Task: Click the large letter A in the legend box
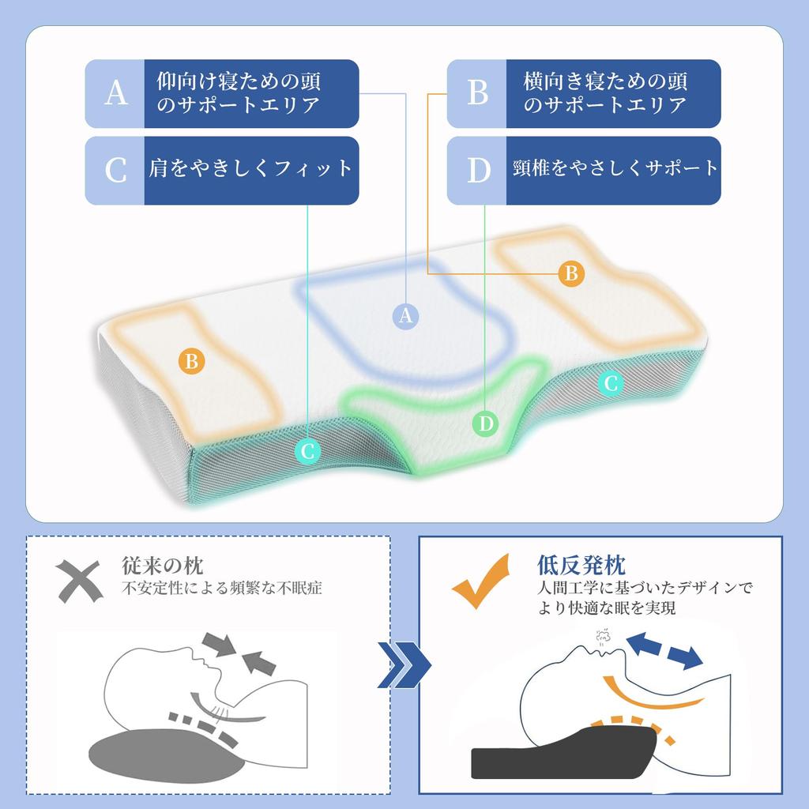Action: (115, 93)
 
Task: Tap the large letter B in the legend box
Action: (478, 93)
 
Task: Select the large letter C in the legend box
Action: (115, 171)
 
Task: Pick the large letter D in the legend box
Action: (478, 171)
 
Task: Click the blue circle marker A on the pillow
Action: (405, 316)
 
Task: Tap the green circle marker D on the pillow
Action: (486, 423)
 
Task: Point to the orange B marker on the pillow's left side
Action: (191, 360)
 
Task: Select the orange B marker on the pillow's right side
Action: (571, 273)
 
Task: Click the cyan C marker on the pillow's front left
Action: (307, 451)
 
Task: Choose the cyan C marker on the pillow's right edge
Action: (611, 383)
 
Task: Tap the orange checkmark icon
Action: (481, 582)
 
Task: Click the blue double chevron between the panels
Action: (404, 664)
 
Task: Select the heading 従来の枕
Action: (163, 566)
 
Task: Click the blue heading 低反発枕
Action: (581, 566)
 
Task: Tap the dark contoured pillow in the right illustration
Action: (564, 751)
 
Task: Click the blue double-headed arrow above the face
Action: (664, 652)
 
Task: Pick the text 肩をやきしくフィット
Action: (250, 169)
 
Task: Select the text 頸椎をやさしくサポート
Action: (615, 168)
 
